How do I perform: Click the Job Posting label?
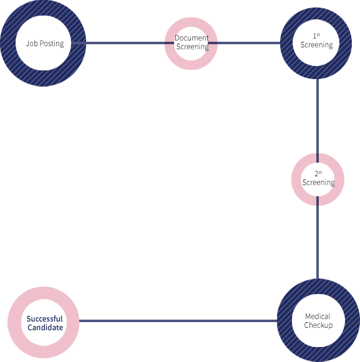tap(45, 44)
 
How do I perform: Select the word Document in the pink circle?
tap(192, 37)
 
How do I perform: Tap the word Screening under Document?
tap(192, 47)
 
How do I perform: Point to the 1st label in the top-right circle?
tap(316, 36)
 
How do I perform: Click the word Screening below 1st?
tap(316, 45)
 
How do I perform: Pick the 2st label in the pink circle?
tap(318, 173)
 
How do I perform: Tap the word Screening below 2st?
tap(318, 183)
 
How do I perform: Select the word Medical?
tap(318, 316)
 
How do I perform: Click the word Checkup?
tap(318, 325)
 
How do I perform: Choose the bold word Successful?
tap(44, 319)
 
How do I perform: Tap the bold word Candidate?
tap(45, 327)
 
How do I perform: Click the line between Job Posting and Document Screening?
tap(123, 43)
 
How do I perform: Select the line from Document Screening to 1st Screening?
tap(244, 43)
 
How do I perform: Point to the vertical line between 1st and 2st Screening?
tap(318, 121)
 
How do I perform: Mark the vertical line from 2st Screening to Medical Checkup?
tap(318, 237)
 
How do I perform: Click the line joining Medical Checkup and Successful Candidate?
tap(178, 321)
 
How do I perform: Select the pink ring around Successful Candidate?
tap(14, 322)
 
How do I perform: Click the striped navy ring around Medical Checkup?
tap(285, 320)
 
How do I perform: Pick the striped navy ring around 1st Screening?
tap(286, 43)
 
